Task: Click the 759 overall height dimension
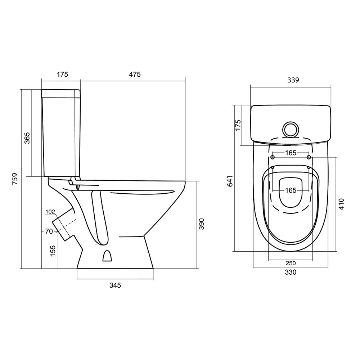point(15,179)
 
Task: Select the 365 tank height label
point(27,138)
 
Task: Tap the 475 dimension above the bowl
point(135,75)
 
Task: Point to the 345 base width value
point(115,285)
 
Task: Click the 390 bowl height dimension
point(201,224)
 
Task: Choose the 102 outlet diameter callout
point(50,212)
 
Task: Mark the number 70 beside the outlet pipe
point(49,231)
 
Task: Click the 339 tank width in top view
point(293,80)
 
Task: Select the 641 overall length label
point(230,181)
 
